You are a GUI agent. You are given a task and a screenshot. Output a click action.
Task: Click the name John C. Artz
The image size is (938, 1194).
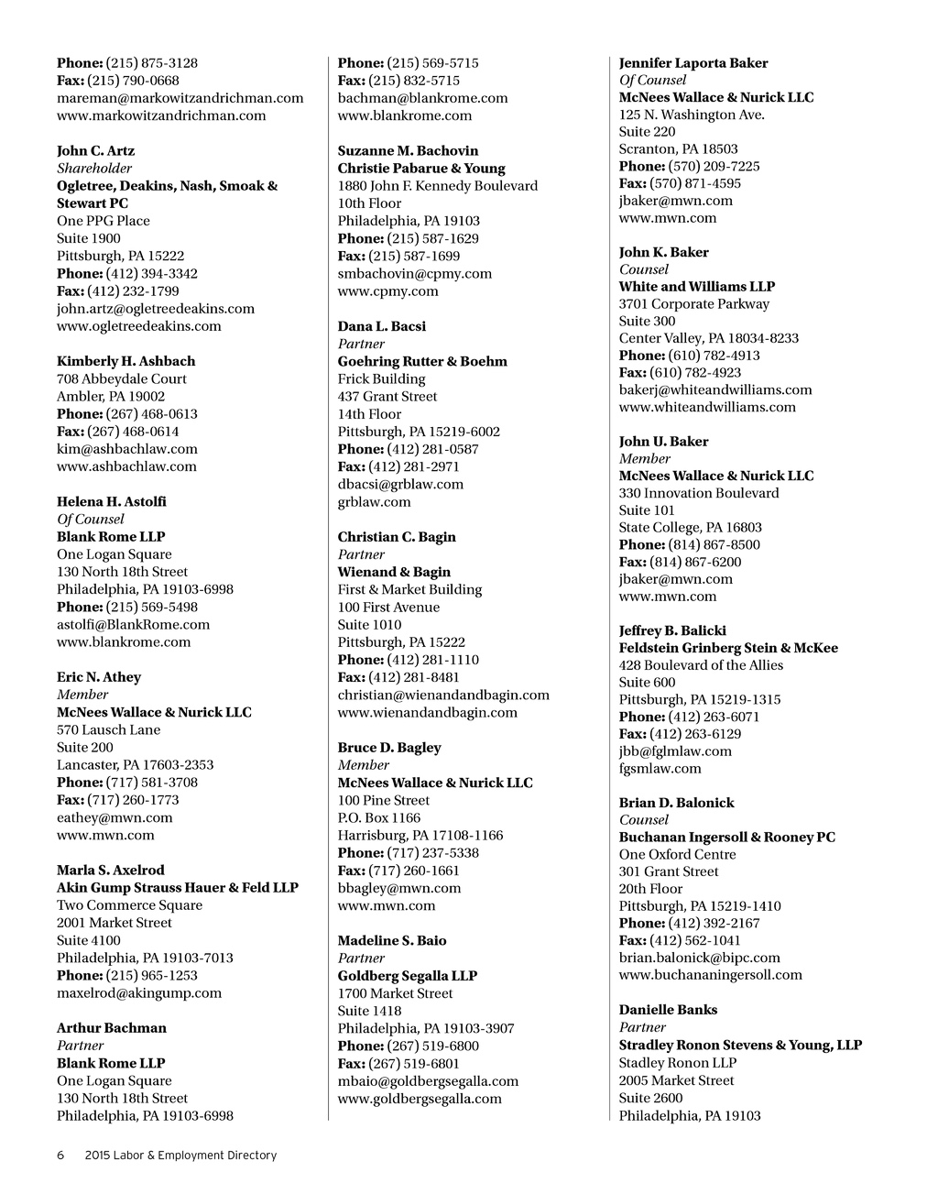[x=95, y=151]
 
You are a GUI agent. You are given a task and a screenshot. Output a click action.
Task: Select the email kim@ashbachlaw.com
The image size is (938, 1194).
[x=126, y=449]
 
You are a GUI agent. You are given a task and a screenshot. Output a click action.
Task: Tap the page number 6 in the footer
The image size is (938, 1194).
[x=60, y=1156]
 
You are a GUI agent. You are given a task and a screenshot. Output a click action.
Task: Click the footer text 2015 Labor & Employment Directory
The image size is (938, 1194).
[x=180, y=1156]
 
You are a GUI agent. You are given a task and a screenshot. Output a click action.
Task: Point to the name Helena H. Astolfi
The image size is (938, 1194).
[x=112, y=502]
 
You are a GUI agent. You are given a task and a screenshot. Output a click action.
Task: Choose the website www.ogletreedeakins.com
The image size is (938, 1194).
[x=138, y=326]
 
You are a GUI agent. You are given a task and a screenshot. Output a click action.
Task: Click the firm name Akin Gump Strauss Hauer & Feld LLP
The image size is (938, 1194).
[x=178, y=888]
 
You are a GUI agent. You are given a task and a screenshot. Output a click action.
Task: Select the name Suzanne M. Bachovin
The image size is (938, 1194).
[x=408, y=151]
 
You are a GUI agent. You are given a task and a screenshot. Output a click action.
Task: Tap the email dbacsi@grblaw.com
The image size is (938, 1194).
[x=400, y=485]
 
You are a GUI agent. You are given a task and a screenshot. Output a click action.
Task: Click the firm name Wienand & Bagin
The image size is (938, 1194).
[x=394, y=573]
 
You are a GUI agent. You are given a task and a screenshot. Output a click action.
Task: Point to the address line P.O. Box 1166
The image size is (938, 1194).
[x=379, y=818]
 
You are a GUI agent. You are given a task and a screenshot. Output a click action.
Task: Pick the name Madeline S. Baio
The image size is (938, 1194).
[x=392, y=941]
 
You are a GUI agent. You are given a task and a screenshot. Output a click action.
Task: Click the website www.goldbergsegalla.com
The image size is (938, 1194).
[x=420, y=1099]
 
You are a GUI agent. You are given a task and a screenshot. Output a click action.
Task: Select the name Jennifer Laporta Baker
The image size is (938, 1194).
[x=693, y=63]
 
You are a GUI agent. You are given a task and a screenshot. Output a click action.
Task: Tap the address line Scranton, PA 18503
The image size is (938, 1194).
[x=678, y=149]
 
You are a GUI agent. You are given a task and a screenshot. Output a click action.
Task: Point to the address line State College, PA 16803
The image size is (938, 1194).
[x=690, y=528]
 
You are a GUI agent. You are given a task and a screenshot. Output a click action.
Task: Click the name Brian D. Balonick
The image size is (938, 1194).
[x=676, y=803]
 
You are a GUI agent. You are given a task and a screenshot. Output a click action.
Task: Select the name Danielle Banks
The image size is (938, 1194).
[x=668, y=1010]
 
